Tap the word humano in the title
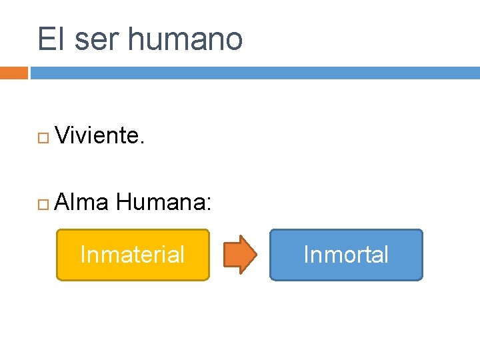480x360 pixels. pyautogui.click(x=185, y=39)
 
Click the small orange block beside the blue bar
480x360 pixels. pyautogui.click(x=13, y=73)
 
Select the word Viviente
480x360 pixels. pyautogui.click(x=99, y=136)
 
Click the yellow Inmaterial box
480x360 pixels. pyautogui.click(x=133, y=255)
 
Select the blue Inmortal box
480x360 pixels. pyautogui.click(x=346, y=255)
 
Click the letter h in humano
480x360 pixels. pyautogui.click(x=135, y=39)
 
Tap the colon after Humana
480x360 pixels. pyautogui.click(x=209, y=203)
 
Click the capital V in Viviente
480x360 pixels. pyautogui.click(x=64, y=136)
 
